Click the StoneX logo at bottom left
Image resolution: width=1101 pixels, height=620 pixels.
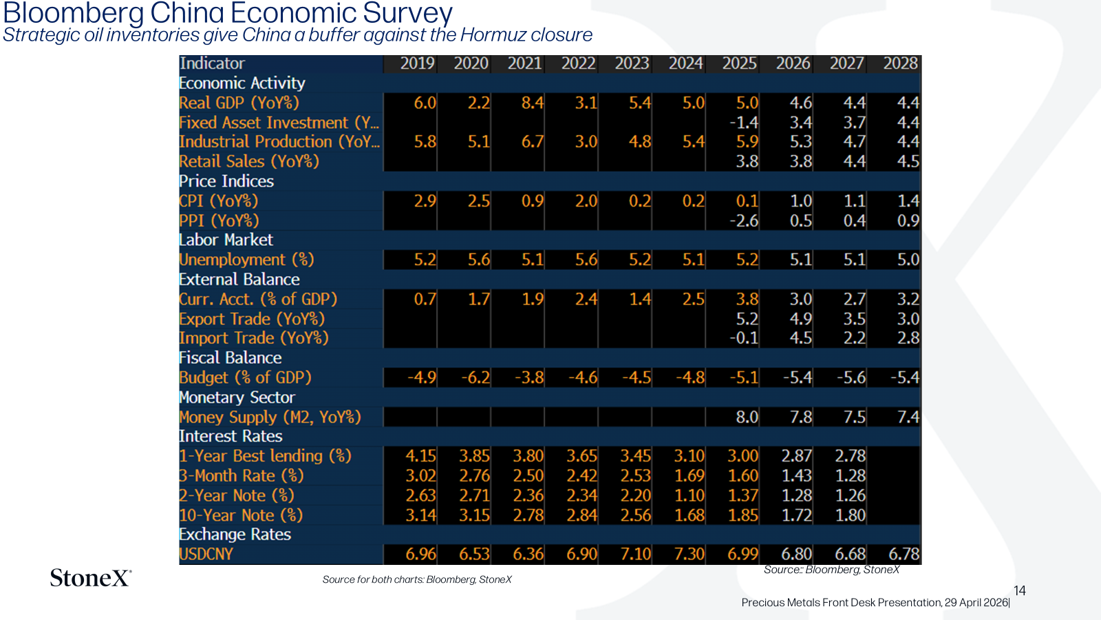pos(91,578)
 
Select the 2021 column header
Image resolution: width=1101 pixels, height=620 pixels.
pos(525,63)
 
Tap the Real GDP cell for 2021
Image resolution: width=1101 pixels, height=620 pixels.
pos(533,103)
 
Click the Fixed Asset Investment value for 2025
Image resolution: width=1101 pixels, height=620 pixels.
pos(744,123)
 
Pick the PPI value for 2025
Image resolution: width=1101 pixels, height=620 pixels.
pos(744,221)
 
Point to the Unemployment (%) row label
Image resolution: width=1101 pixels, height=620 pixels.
pos(246,260)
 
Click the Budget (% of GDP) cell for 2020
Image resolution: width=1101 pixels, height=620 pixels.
pos(475,378)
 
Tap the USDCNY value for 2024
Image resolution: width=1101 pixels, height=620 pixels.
pos(689,554)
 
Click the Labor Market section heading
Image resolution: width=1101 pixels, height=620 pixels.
pos(226,240)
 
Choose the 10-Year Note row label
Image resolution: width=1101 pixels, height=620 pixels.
pos(241,515)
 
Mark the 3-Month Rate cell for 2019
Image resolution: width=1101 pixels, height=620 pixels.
pos(420,476)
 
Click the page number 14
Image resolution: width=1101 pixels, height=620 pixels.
pos(1019,590)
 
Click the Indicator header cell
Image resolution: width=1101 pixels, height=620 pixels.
pos(212,63)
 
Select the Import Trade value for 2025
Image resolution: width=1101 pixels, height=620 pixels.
pos(744,338)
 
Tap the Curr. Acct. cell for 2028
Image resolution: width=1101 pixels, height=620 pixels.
pos(908,299)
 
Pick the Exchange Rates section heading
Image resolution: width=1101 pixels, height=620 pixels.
pos(235,535)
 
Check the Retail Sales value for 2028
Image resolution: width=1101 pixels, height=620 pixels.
pos(908,161)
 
